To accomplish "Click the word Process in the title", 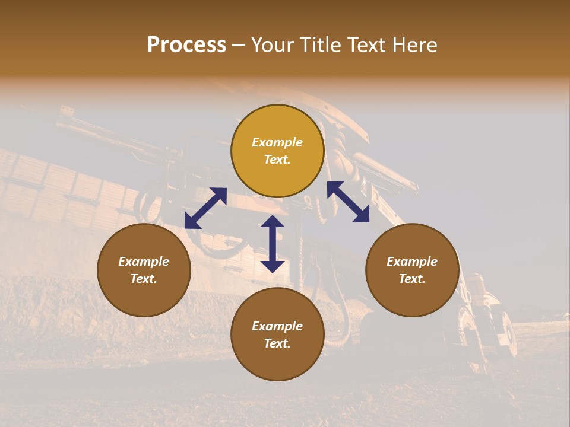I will pos(186,45).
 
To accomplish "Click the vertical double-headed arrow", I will pos(273,244).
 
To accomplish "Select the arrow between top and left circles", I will pos(205,208).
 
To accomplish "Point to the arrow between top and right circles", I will pos(349,202).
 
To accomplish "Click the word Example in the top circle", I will pos(277,142).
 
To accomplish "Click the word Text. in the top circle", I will pos(277,160).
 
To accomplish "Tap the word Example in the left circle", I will pos(144,262).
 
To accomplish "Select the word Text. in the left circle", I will pos(144,279).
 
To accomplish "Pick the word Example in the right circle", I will pos(412,262).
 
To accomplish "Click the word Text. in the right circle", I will pos(412,279).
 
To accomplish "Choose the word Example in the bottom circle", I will pos(277,326).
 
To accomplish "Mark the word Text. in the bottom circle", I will pos(277,343).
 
